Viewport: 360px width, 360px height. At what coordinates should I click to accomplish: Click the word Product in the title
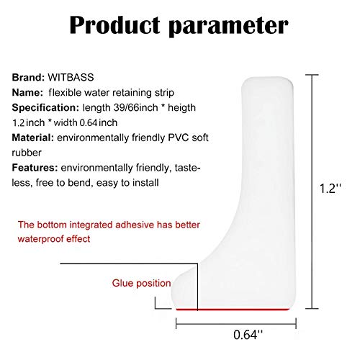tap(114, 25)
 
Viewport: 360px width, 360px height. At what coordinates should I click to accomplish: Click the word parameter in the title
tap(228, 27)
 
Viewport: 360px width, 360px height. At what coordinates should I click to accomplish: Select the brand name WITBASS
tap(71, 77)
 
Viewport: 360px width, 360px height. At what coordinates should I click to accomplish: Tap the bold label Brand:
tap(28, 77)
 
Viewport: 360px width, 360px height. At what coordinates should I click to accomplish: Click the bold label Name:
tap(27, 92)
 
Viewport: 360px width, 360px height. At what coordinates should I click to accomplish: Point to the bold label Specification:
tap(45, 108)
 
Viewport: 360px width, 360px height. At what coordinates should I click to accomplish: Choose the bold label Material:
tap(33, 138)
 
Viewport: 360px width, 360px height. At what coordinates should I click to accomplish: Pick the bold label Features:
tap(35, 168)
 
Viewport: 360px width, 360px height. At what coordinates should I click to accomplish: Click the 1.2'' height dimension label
tap(330, 189)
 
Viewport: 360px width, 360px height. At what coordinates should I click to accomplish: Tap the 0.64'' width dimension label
tap(248, 334)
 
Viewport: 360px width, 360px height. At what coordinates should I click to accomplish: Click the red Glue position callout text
tap(141, 284)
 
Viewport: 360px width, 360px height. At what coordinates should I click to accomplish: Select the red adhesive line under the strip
tap(233, 309)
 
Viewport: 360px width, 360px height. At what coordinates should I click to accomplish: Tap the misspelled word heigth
tap(181, 108)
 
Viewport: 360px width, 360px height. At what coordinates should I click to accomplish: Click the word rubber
tap(27, 153)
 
